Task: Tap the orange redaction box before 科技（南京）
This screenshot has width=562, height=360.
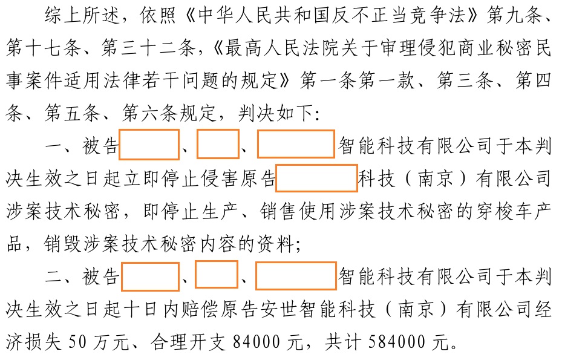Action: click(x=316, y=179)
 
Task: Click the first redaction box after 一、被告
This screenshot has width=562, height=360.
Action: click(x=149, y=145)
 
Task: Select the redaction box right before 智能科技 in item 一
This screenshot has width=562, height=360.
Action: click(x=296, y=145)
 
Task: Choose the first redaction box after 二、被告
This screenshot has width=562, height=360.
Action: click(x=150, y=277)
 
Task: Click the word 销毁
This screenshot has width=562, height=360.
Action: click(x=60, y=245)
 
